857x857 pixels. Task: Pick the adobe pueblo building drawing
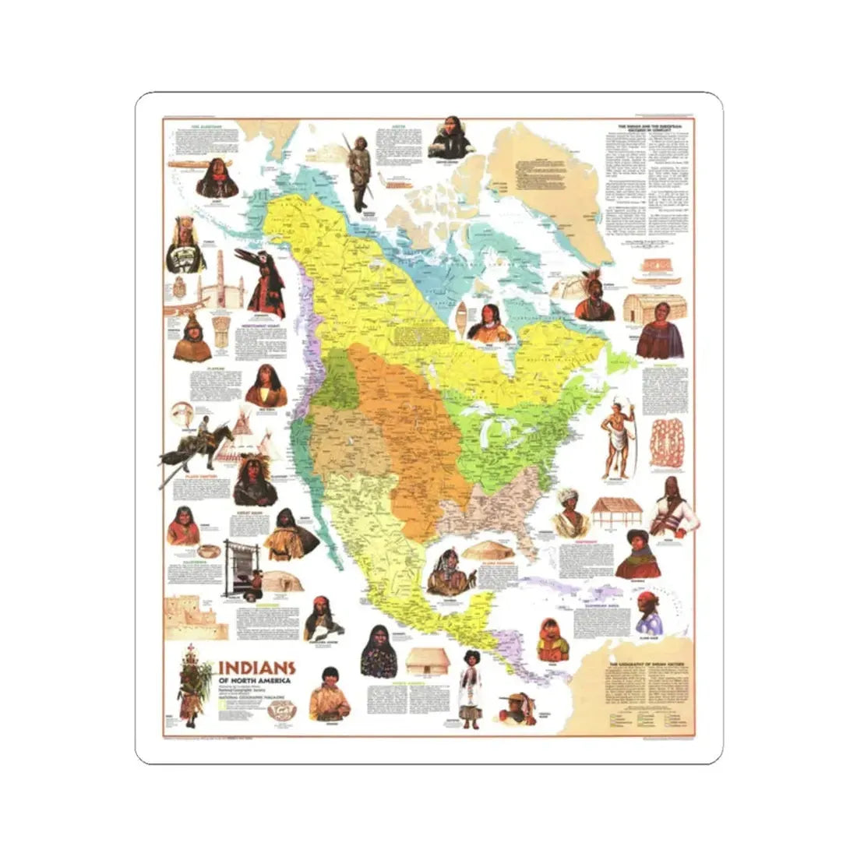coord(195,615)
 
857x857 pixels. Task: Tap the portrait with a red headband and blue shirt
coord(649,612)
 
